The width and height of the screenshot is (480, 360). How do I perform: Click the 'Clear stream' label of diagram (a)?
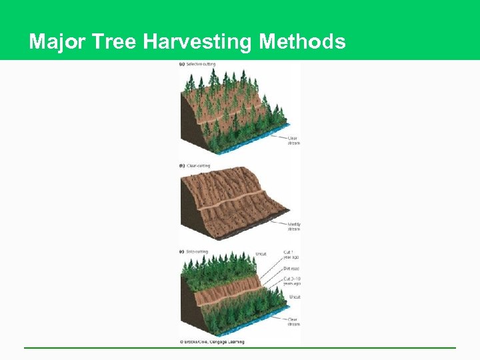point(293,140)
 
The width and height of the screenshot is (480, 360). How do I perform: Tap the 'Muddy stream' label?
point(293,226)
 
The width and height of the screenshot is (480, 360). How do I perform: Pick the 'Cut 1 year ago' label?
point(291,255)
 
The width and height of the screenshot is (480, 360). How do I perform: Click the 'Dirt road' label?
point(291,269)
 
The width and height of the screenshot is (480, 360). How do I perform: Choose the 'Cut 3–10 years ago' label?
point(292,281)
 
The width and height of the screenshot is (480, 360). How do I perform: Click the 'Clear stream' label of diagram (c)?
point(293,321)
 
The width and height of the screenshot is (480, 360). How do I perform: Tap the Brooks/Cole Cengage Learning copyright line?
point(212,342)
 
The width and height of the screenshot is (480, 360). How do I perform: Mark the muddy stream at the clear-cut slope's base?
point(260,227)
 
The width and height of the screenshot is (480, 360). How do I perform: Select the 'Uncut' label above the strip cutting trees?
point(261,254)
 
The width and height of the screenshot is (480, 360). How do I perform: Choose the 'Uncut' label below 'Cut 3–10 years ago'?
point(293,297)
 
